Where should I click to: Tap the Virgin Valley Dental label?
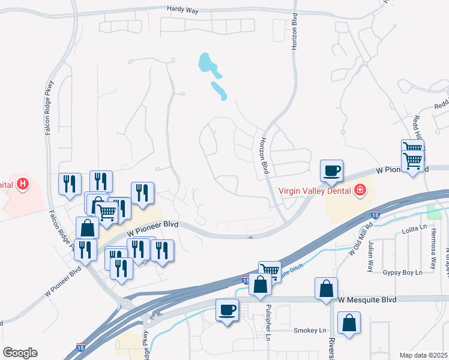[x=316, y=191]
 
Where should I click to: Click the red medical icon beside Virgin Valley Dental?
[x=360, y=191]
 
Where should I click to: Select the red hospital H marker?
[x=22, y=183]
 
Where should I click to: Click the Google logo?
[x=19, y=353]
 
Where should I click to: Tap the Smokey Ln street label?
[x=310, y=331]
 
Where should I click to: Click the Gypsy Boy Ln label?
[x=403, y=272]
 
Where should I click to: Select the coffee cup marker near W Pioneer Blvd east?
[x=331, y=170]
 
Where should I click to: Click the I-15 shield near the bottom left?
[x=80, y=347]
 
